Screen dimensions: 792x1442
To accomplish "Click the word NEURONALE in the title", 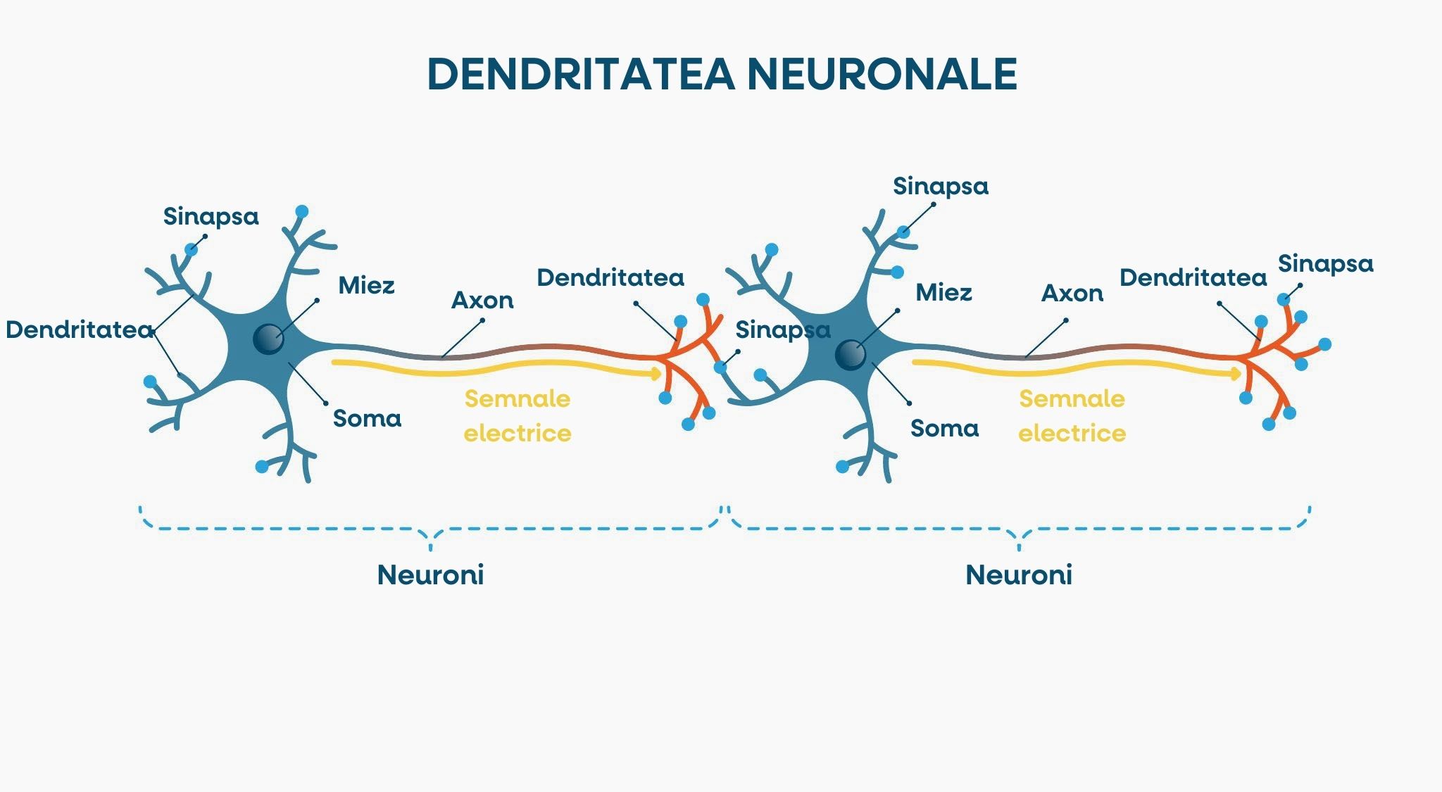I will pyautogui.click(x=882, y=73).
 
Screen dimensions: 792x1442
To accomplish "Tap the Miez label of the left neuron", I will pyautogui.click(x=366, y=286).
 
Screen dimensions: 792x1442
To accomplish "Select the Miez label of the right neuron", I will pyautogui.click(x=943, y=293).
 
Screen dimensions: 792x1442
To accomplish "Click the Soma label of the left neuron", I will pyautogui.click(x=367, y=419).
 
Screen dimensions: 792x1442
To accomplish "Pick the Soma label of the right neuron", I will pyautogui.click(x=944, y=429).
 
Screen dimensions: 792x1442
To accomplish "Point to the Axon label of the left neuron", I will pyautogui.click(x=482, y=301).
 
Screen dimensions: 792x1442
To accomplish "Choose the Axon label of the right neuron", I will pyautogui.click(x=1072, y=294).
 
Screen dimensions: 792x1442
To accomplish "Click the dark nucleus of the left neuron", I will pyautogui.click(x=268, y=339).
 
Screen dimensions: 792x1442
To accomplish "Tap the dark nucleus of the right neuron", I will pyautogui.click(x=850, y=355).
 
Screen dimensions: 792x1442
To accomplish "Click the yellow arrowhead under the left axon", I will pyautogui.click(x=657, y=373).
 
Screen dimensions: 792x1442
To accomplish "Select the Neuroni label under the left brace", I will pyautogui.click(x=430, y=575).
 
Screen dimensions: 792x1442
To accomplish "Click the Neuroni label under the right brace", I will pyautogui.click(x=1018, y=575).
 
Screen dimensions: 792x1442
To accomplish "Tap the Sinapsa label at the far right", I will pyautogui.click(x=1325, y=264).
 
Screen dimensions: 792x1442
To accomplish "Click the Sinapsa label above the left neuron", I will pyautogui.click(x=211, y=217).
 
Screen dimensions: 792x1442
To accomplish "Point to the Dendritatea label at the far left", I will pyautogui.click(x=79, y=330).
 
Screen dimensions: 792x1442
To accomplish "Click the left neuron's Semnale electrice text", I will pyautogui.click(x=518, y=416).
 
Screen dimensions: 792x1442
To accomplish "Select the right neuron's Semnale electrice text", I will pyautogui.click(x=1072, y=416).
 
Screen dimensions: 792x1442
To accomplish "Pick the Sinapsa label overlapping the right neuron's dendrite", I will pyautogui.click(x=782, y=330).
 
